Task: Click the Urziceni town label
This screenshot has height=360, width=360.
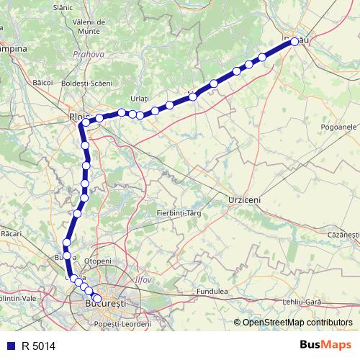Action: coord(243,198)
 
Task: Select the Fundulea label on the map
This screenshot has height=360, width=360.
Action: coord(213,292)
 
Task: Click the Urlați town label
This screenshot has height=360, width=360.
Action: coord(139,98)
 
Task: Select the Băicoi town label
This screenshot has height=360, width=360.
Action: coord(43,83)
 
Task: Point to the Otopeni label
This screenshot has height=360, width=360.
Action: coord(99,261)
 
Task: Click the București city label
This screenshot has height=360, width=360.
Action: coord(105,305)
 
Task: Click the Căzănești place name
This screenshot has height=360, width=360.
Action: coord(342,235)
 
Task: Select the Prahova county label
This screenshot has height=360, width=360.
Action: coord(89,54)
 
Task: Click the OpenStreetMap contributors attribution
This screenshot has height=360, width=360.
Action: coord(297,323)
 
